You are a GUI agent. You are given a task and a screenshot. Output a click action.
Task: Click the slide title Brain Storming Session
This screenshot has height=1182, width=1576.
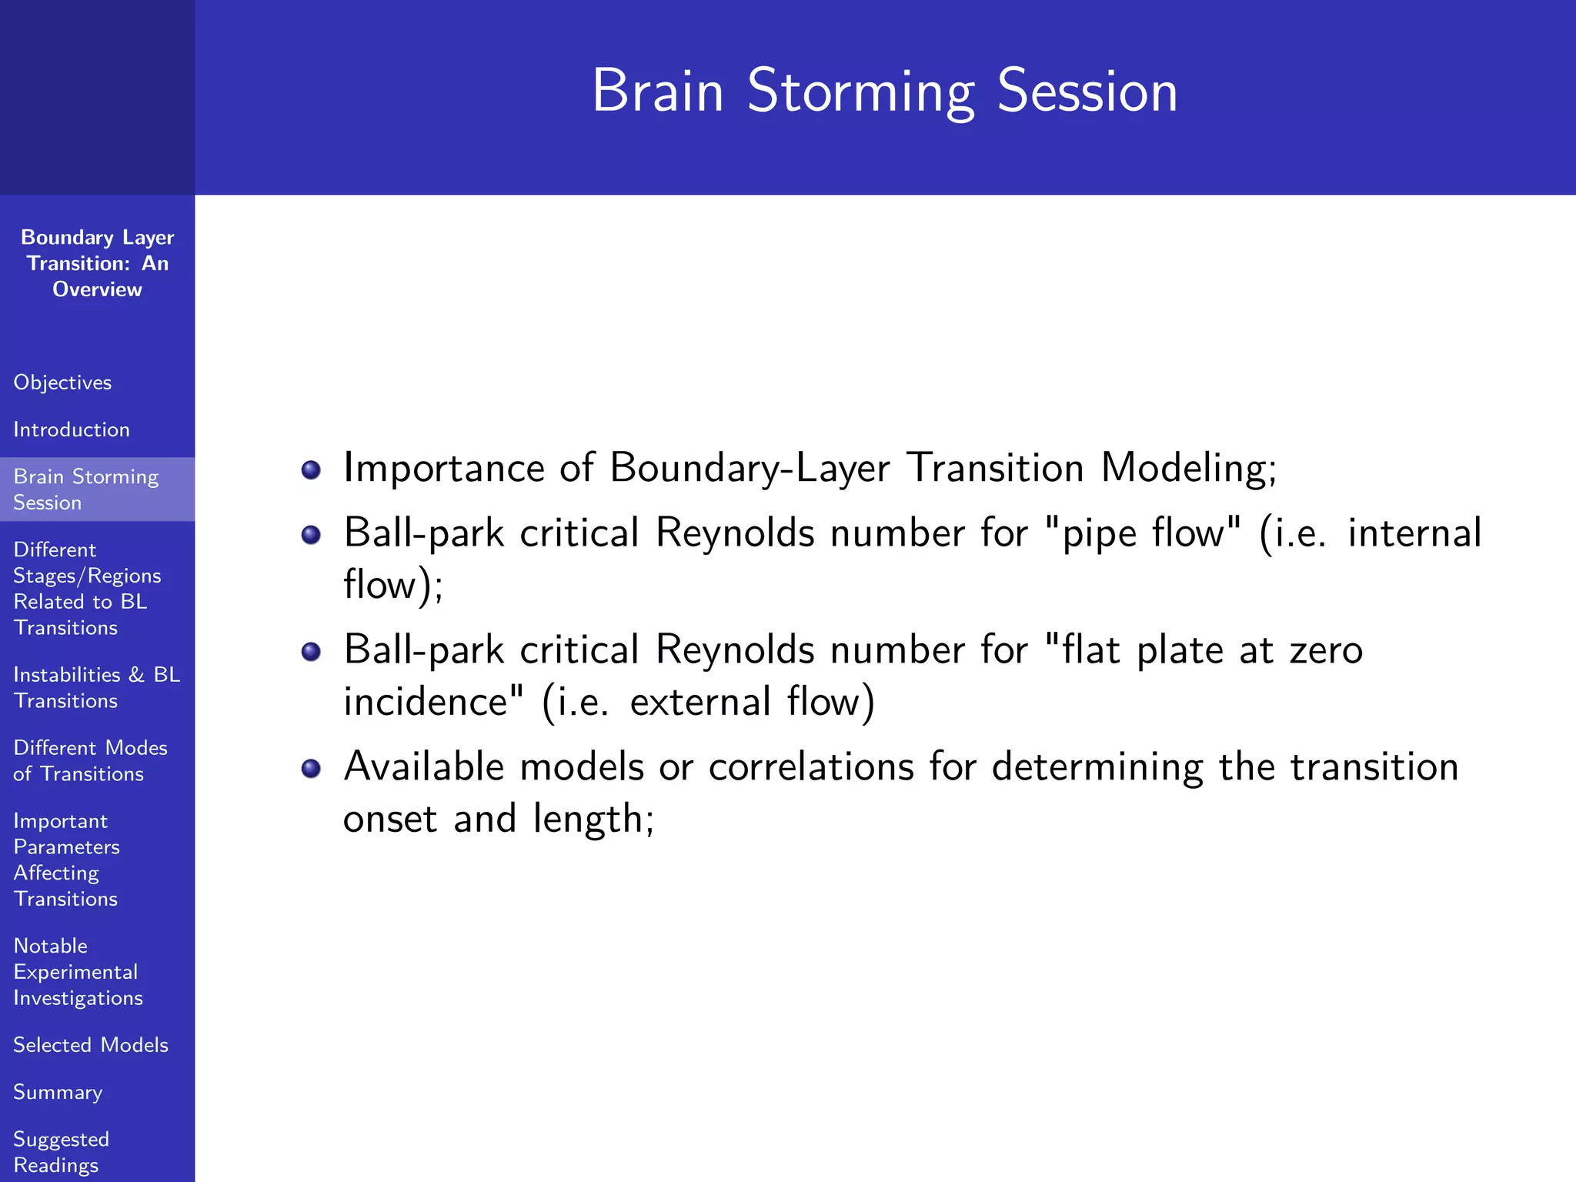[884, 91]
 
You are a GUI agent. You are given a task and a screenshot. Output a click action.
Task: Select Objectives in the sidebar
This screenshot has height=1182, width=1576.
[62, 382]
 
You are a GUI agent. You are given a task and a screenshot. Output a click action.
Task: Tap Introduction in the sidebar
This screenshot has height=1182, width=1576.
[72, 429]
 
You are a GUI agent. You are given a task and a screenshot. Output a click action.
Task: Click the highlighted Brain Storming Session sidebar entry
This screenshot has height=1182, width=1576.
[85, 489]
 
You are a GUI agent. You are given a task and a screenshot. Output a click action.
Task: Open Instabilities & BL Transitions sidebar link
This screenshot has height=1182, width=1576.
[96, 687]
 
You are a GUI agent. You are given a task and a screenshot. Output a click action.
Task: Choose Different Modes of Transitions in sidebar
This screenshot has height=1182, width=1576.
[90, 760]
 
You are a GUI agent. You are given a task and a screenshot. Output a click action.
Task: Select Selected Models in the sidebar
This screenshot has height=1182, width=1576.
[91, 1045]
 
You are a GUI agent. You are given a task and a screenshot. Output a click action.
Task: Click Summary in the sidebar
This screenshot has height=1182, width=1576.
[58, 1092]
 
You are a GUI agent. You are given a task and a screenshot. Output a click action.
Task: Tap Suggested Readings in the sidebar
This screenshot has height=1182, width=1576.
[61, 1151]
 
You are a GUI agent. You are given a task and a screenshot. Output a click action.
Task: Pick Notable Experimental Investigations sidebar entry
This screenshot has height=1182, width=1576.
[77, 971]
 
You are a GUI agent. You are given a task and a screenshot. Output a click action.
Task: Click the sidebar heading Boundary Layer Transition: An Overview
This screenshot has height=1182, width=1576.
[97, 263]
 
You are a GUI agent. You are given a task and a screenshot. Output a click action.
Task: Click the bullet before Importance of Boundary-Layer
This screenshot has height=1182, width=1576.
[311, 469]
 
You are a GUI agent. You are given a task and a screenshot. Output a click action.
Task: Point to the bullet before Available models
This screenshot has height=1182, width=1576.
[311, 768]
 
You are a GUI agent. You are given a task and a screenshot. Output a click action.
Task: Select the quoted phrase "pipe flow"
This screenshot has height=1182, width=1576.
[1144, 533]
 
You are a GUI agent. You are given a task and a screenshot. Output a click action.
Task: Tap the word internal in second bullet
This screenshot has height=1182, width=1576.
[1414, 533]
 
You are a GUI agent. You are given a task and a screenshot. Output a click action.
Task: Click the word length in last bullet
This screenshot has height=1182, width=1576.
[593, 819]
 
